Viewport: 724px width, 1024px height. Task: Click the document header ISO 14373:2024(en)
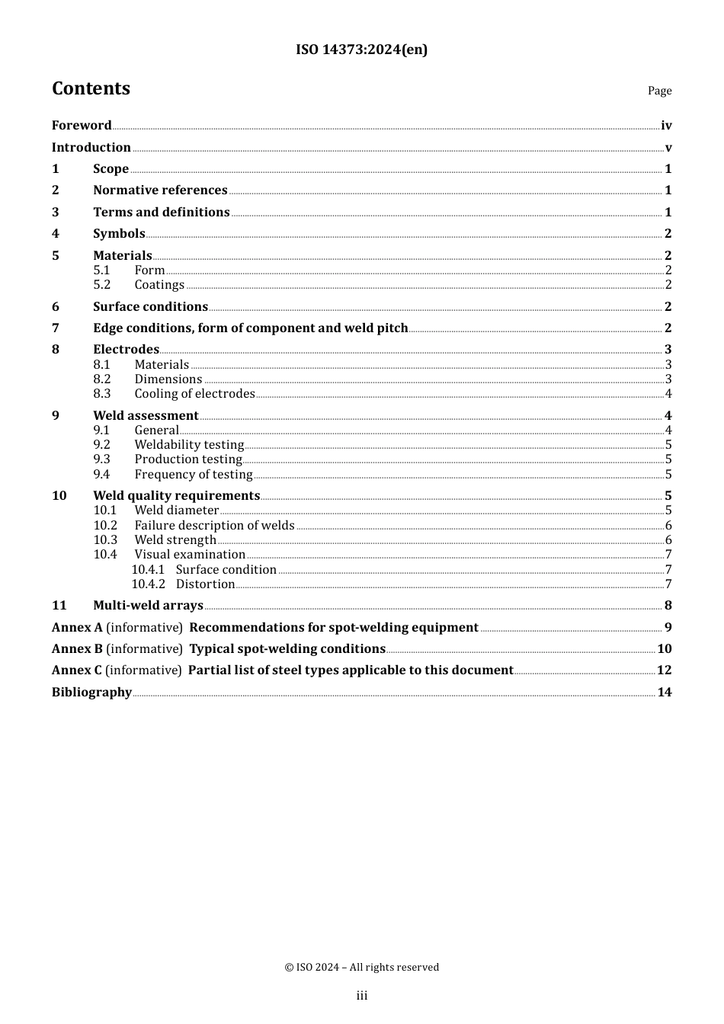(361, 50)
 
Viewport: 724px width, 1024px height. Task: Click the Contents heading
(91, 88)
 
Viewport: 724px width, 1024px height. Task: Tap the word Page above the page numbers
(659, 91)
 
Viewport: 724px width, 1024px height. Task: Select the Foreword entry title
(82, 126)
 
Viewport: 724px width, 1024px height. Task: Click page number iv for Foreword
(666, 126)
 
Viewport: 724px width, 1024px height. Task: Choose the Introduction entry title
(91, 148)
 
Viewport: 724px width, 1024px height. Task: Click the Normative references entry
(160, 190)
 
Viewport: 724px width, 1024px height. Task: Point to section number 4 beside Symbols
(56, 234)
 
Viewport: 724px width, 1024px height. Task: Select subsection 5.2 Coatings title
(159, 285)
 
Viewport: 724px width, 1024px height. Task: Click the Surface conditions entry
(150, 307)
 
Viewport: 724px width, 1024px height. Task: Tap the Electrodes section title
(126, 350)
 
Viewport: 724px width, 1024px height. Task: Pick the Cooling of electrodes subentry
(194, 394)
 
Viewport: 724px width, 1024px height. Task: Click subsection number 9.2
(102, 445)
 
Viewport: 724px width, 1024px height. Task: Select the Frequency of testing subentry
(194, 475)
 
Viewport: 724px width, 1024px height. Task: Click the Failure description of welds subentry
(214, 526)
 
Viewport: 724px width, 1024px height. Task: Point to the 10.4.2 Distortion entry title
(205, 584)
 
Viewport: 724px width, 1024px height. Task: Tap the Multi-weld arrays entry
(148, 606)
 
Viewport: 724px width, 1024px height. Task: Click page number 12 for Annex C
(665, 670)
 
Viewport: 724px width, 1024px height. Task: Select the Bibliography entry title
(91, 693)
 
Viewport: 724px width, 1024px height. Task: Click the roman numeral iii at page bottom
(362, 996)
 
